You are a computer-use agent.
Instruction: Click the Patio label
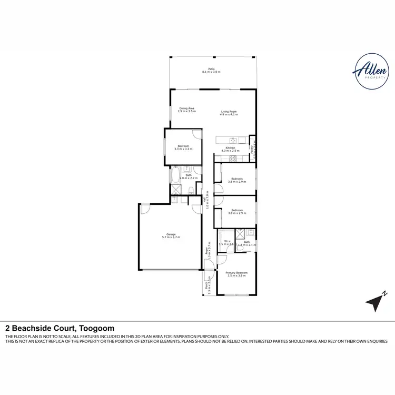pyautogui.click(x=211, y=70)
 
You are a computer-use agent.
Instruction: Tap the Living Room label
pyautogui.click(x=229, y=113)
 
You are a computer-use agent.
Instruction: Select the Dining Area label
pyautogui.click(x=186, y=110)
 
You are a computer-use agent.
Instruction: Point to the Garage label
pyautogui.click(x=171, y=236)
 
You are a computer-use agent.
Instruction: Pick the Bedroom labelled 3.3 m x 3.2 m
pyautogui.click(x=184, y=147)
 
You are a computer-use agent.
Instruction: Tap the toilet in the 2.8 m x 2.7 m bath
pyautogui.click(x=196, y=170)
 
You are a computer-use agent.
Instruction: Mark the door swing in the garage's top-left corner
pyautogui.click(x=145, y=209)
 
